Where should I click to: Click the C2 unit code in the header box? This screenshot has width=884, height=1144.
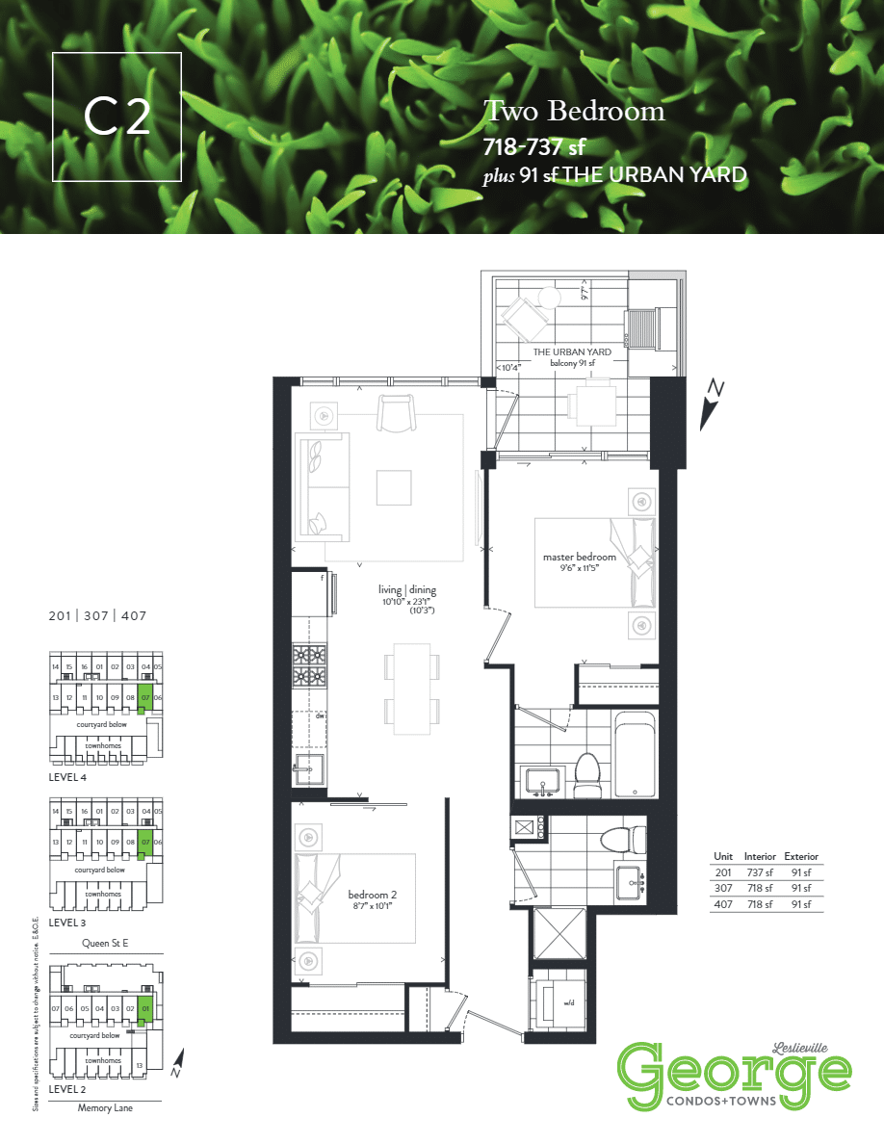[117, 117]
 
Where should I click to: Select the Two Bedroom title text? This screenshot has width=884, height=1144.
[574, 112]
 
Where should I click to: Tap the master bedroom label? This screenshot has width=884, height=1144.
[579, 558]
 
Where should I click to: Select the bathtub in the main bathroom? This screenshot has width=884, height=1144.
[635, 754]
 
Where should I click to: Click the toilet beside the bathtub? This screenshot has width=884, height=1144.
[585, 773]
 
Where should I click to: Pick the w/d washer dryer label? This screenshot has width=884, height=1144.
[568, 1002]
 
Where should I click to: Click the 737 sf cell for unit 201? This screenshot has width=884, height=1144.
[760, 871]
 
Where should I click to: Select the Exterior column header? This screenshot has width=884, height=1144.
[801, 856]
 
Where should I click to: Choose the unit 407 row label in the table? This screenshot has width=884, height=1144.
[723, 904]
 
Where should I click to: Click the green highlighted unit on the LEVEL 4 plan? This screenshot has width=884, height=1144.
[145, 696]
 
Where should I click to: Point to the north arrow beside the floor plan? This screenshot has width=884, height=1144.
[712, 403]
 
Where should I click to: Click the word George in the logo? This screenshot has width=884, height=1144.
[732, 1077]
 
